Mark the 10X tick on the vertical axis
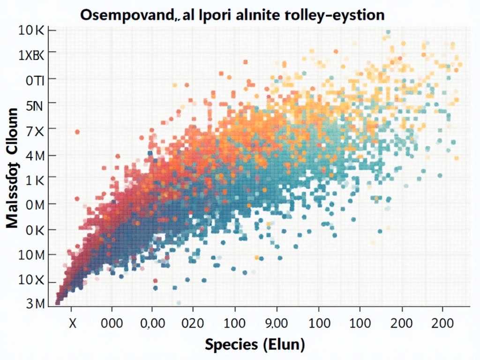[31, 280]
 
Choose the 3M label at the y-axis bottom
[34, 303]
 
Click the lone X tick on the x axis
[73, 323]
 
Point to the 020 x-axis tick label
[193, 323]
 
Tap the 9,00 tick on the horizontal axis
[276, 323]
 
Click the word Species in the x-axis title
[231, 345]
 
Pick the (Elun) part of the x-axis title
[283, 345]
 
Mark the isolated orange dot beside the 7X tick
[77, 132]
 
